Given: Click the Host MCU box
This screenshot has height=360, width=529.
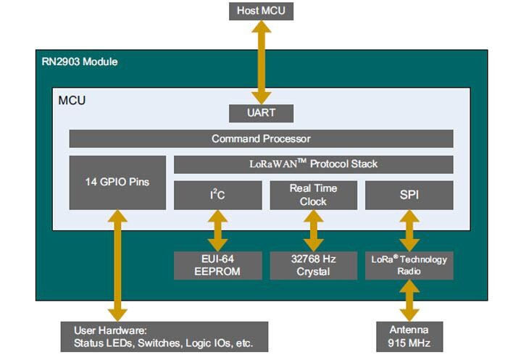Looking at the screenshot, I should [x=261, y=11].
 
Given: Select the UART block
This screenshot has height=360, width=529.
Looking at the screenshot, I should [x=261, y=114].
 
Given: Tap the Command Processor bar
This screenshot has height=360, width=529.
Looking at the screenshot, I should [x=261, y=138].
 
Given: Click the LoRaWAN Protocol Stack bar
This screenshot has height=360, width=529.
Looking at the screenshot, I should [x=313, y=164].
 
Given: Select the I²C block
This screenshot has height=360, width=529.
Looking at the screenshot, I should [x=217, y=196].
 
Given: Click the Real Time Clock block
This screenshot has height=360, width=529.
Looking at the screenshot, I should [x=313, y=196].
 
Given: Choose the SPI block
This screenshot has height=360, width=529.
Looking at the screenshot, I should [x=409, y=196].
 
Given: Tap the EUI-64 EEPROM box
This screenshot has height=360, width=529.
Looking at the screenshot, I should [x=217, y=265].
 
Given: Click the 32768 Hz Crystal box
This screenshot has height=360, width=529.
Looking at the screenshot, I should [x=313, y=265].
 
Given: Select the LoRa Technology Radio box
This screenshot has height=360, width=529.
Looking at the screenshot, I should [x=409, y=265].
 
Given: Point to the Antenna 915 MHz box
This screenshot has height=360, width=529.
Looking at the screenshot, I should [x=409, y=336].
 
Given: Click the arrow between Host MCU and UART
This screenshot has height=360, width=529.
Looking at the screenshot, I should [x=261, y=62].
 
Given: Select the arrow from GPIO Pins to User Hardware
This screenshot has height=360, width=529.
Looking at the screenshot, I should [x=117, y=264].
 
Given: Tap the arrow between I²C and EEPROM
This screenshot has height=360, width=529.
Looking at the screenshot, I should [x=217, y=230].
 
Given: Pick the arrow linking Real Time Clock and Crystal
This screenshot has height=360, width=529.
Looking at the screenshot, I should [x=313, y=230].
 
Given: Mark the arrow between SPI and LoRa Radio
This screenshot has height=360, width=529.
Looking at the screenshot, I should [x=409, y=230].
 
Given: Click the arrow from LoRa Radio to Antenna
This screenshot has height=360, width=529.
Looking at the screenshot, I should [x=409, y=300].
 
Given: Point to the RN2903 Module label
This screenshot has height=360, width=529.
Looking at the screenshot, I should [x=80, y=62].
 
